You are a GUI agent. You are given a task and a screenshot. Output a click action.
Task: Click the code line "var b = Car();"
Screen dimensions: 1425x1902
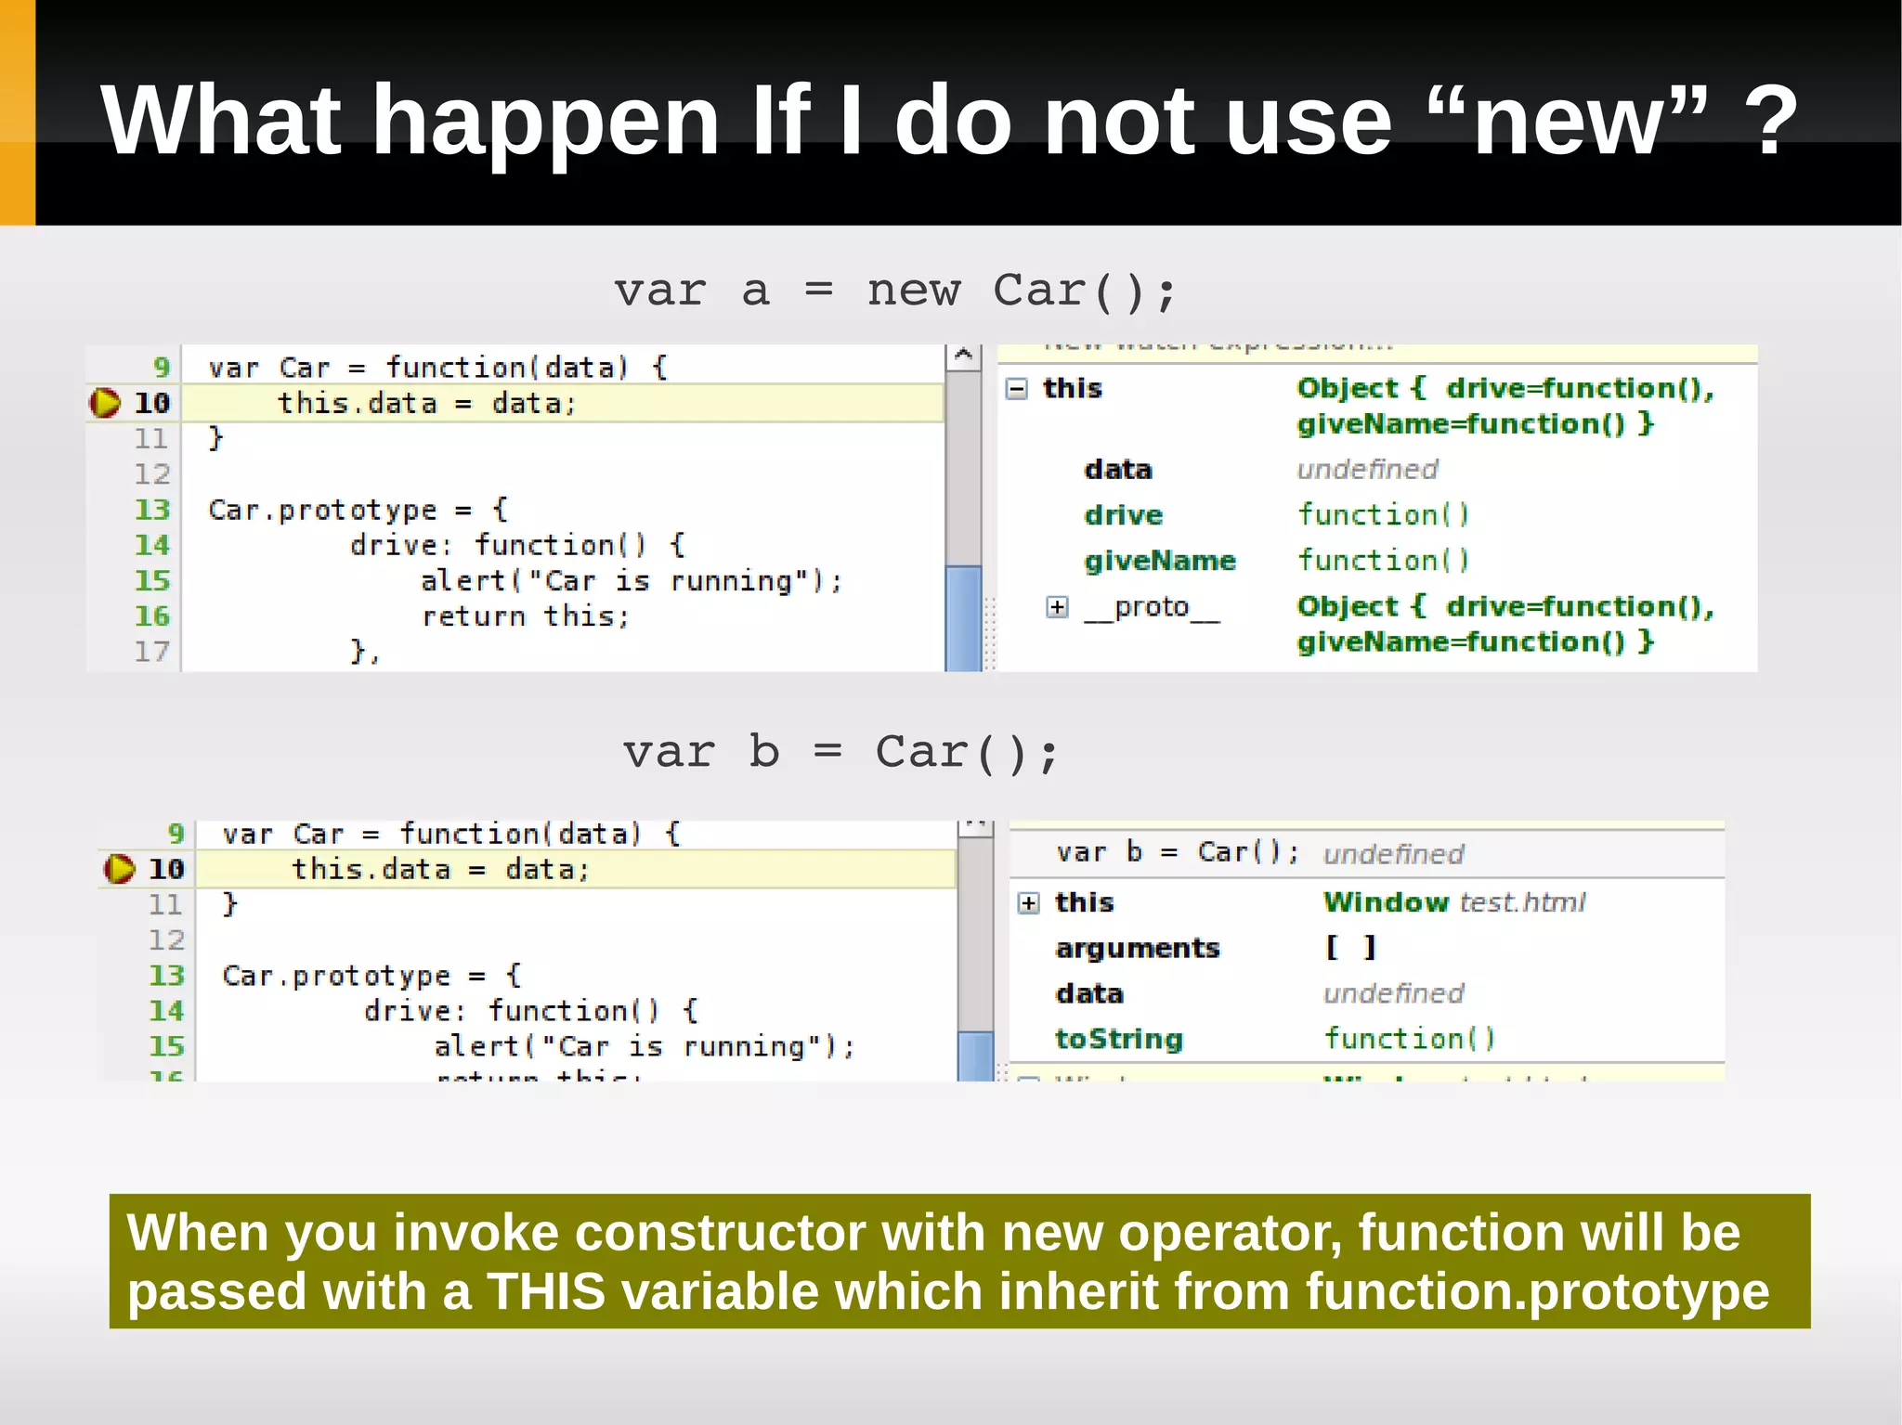click(x=840, y=752)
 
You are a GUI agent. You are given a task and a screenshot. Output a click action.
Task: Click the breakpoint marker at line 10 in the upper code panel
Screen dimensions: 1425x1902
click(x=105, y=403)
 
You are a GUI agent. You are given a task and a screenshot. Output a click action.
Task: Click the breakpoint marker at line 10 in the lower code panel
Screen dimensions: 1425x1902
click(x=119, y=869)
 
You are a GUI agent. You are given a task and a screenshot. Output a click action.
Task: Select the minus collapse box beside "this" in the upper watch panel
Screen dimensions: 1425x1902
click(x=1017, y=389)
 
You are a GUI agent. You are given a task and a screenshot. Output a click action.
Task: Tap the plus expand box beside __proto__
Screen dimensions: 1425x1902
click(x=1057, y=607)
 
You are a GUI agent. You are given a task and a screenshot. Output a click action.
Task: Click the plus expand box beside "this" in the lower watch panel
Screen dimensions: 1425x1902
click(x=1029, y=903)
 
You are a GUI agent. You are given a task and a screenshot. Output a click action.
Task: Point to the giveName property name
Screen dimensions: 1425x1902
click(x=1160, y=561)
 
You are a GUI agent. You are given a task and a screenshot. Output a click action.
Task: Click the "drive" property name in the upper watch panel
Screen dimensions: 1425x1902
click(x=1124, y=515)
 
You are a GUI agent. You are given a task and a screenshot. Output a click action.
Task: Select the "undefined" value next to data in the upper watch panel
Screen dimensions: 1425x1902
click(x=1367, y=470)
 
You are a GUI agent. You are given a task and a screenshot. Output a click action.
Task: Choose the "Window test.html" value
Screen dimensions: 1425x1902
click(x=1454, y=902)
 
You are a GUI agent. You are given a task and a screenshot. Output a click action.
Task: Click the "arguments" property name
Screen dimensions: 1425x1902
click(x=1138, y=948)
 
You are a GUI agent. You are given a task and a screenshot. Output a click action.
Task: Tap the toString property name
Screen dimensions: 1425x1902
click(x=1119, y=1039)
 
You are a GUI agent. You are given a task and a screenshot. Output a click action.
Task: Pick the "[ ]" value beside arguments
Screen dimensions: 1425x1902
click(x=1350, y=948)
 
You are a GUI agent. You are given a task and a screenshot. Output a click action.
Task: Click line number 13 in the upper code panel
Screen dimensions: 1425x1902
click(x=152, y=510)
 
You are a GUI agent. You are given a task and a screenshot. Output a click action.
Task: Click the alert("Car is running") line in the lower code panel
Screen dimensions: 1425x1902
click(x=644, y=1046)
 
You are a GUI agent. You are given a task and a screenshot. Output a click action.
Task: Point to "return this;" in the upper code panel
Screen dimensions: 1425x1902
click(x=526, y=616)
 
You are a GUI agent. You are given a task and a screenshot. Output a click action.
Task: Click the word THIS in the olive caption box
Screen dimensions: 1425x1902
click(x=546, y=1291)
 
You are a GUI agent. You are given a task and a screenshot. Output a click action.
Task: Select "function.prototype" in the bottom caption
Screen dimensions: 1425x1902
click(x=1537, y=1291)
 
